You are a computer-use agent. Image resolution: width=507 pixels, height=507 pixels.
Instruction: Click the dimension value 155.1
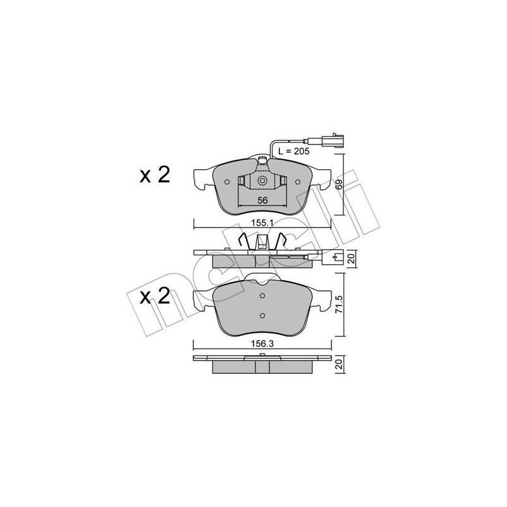[261, 224]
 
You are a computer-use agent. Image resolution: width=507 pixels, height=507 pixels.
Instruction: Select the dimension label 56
[262, 200]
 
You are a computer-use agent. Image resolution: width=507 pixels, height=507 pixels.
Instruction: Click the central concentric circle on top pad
[262, 182]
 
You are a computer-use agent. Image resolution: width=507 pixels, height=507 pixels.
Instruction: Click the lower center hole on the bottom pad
[262, 315]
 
